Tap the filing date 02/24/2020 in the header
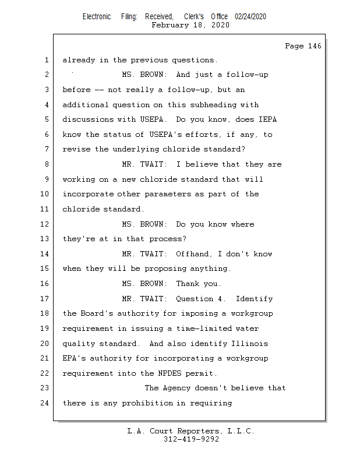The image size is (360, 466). click(x=250, y=17)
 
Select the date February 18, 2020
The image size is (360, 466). click(x=190, y=25)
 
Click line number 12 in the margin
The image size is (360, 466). click(x=46, y=224)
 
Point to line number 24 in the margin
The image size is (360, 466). click(x=46, y=403)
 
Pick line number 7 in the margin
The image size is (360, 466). click(x=46, y=150)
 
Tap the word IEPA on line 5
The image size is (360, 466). click(x=267, y=119)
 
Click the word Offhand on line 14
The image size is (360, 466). click(x=194, y=254)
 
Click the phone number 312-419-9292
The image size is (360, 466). click(x=190, y=440)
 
